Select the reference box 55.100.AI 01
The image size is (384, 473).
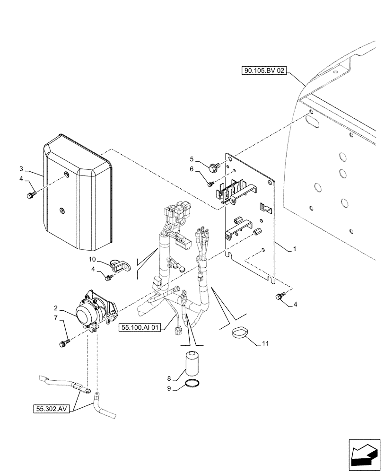coord(141,326)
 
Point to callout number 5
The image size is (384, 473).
coord(192,158)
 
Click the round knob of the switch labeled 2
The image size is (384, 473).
coord(84,313)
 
